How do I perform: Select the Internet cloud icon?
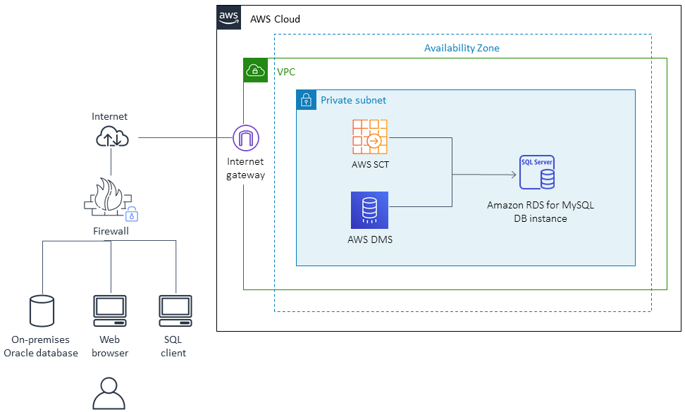112,137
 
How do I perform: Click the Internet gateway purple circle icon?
245,138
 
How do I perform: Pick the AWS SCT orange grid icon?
370,137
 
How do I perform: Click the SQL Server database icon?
536,173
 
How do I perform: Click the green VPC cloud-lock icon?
256,70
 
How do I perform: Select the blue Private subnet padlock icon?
306,100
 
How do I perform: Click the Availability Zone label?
462,48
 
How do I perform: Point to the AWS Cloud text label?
275,19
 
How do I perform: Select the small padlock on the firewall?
131,215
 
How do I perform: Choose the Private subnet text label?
353,100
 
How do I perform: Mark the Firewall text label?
111,231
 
